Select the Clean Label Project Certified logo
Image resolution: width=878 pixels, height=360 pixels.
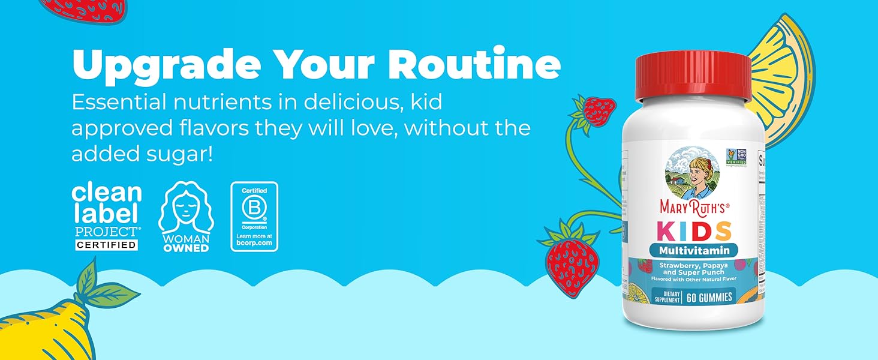[x=106, y=217]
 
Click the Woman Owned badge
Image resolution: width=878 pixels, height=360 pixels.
[x=187, y=217]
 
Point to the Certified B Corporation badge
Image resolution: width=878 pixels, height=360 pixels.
[x=254, y=217]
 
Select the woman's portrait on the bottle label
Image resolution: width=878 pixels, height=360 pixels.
[x=691, y=172]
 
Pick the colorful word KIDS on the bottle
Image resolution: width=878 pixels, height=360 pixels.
[x=694, y=231]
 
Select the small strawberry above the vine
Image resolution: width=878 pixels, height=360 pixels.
[x=599, y=110]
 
